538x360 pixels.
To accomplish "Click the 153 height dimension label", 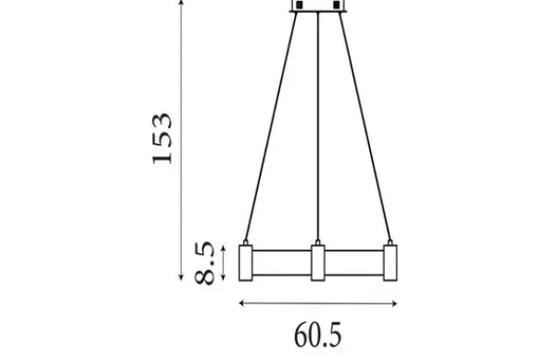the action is tap(161, 138).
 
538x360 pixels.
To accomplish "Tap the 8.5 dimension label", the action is tap(204, 264).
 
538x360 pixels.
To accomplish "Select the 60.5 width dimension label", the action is tap(318, 335).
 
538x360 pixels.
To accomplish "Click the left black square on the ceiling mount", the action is tap(300, 5).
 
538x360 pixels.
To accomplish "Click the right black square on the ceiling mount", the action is tap(337, 5).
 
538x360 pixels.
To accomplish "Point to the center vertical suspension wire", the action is tap(318, 126).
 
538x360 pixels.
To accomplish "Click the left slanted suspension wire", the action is tap(271, 126).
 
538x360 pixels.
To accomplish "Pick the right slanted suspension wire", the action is tap(365, 126).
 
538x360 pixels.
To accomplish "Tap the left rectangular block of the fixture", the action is tap(246, 263).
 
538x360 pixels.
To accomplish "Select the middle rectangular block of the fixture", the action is tap(318, 263).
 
